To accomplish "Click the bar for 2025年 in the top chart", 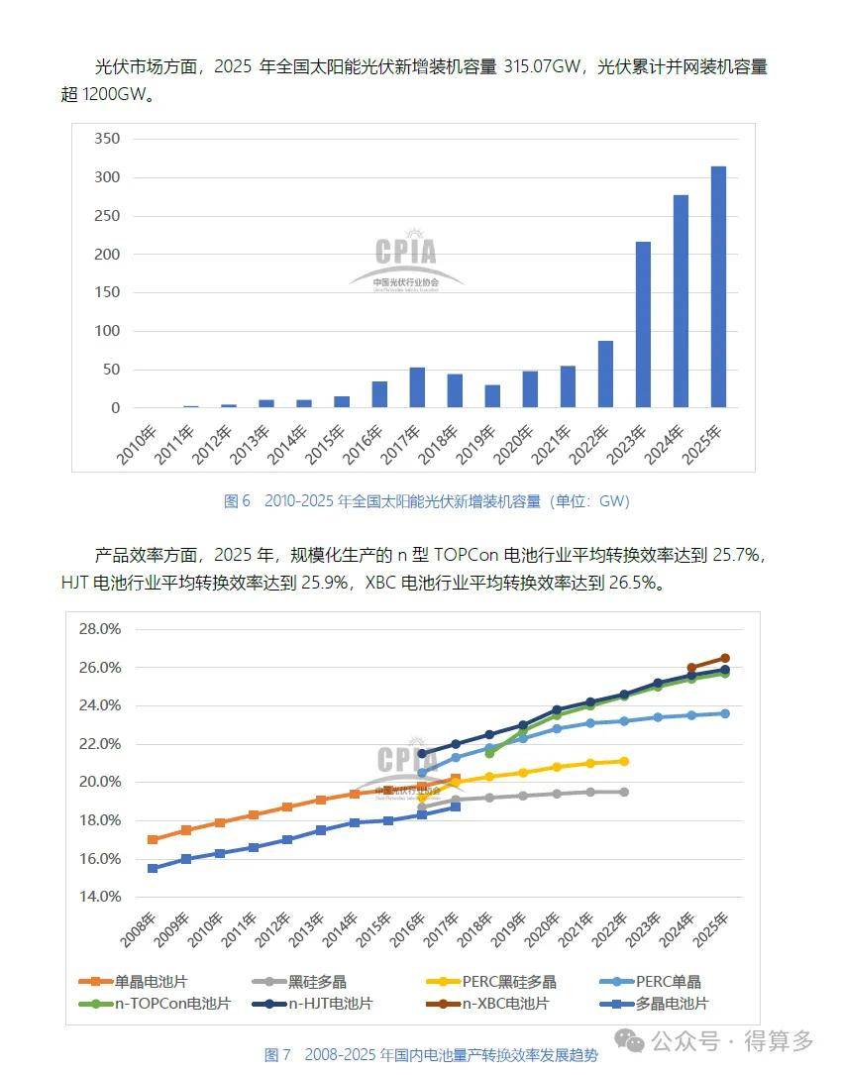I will pos(718,287).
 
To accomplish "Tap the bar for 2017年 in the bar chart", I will pos(417,387).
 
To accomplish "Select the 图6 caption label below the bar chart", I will pos(238,501).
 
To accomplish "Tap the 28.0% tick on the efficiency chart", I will pos(100,629).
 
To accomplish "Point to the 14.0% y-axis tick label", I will pos(100,897).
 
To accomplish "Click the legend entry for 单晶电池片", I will pos(133,982).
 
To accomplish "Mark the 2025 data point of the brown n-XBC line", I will pos(725,658).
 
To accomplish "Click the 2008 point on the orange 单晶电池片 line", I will pos(153,839).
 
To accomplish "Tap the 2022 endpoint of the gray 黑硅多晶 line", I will pos(624,792).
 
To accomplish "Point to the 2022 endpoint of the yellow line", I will pos(624,761).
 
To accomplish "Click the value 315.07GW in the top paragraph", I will pos(541,67).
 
